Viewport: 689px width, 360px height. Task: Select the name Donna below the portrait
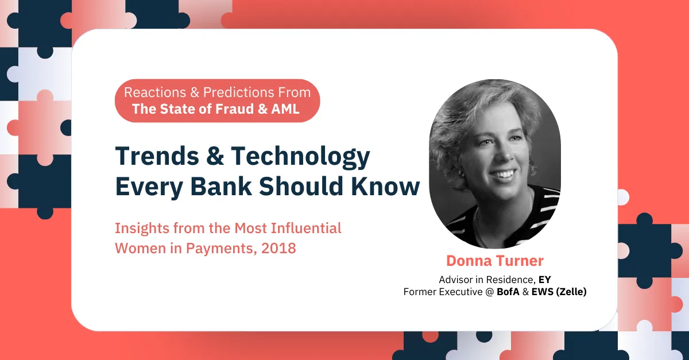click(469, 261)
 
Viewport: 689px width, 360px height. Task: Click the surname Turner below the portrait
click(520, 261)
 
